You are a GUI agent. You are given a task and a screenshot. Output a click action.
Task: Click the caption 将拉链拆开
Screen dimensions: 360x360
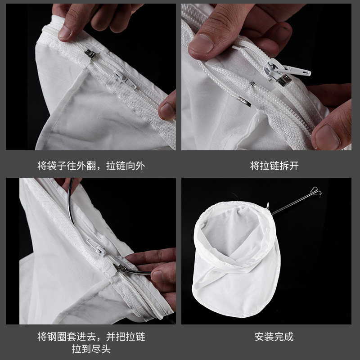274,166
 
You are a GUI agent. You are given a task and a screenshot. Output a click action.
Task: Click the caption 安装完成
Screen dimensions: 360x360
274,337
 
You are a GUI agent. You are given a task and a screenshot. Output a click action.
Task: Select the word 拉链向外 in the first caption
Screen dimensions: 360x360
126,166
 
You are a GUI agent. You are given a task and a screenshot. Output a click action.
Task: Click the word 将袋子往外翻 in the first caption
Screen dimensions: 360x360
67,166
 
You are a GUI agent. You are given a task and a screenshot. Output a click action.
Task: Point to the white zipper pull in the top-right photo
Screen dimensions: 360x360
287,68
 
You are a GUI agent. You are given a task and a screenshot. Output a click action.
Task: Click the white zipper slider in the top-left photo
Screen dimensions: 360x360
124,79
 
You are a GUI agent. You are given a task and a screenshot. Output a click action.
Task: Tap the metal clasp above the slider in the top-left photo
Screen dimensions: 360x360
90,54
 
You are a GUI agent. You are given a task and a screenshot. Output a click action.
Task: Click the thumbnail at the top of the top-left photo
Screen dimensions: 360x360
64,31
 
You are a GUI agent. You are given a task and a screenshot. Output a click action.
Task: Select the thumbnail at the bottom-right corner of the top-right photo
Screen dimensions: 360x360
328,137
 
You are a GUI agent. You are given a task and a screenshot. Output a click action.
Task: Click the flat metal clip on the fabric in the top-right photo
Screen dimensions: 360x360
244,102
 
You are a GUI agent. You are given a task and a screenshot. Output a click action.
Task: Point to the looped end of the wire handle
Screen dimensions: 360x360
316,191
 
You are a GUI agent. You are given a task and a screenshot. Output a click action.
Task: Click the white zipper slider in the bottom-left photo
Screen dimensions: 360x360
96,247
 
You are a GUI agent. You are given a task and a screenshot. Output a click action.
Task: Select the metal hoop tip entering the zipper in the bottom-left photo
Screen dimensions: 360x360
120,268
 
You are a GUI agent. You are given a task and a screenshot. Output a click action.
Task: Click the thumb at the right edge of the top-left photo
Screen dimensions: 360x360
167,106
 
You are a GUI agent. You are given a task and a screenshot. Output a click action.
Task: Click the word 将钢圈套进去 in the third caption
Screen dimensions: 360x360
67,337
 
